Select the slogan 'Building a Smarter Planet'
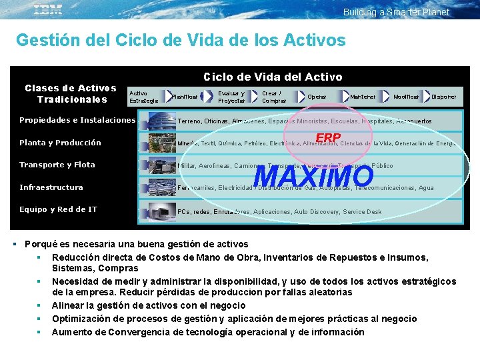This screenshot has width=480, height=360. (x=396, y=12)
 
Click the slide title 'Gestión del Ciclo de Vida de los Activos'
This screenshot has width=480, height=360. (x=181, y=40)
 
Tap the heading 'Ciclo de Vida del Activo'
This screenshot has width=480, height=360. (x=273, y=77)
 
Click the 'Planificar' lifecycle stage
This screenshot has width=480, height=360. (x=185, y=97)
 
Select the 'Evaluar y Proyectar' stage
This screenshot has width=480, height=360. (x=231, y=97)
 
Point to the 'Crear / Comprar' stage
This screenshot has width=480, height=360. (x=274, y=97)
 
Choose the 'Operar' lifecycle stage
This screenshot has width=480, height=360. (x=317, y=97)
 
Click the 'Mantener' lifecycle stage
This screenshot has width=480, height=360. (x=363, y=97)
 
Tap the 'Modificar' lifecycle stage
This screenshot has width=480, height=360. (x=406, y=97)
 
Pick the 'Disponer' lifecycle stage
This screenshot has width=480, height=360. (x=444, y=97)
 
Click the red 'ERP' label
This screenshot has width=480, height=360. (x=328, y=138)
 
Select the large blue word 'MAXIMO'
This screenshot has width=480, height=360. (x=314, y=176)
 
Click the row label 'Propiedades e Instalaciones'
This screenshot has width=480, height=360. (x=77, y=121)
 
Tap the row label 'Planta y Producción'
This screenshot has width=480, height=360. (x=61, y=143)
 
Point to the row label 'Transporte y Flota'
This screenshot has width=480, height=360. (x=57, y=165)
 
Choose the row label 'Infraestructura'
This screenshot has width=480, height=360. (x=51, y=187)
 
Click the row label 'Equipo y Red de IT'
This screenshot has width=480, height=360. (x=59, y=209)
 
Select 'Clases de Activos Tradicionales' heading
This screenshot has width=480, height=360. (x=71, y=93)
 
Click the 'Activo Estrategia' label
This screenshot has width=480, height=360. (x=143, y=97)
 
